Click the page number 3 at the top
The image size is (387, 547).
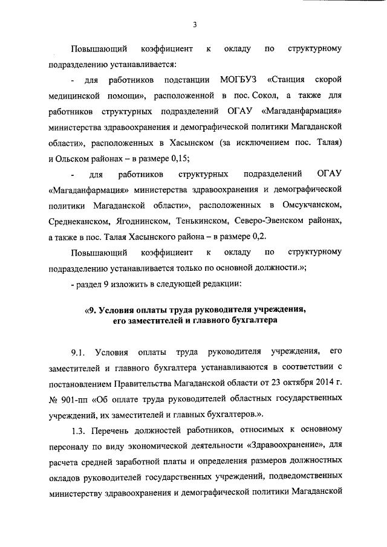pos(193,24)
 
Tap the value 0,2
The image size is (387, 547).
pos(257,238)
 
